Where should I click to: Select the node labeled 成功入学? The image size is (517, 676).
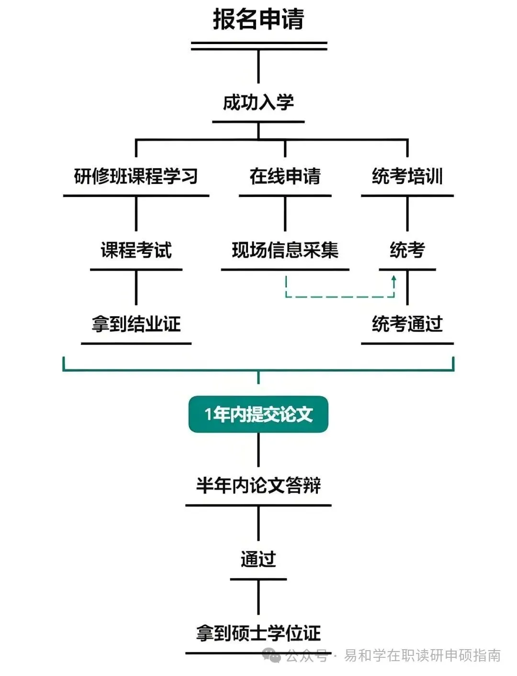click(258, 103)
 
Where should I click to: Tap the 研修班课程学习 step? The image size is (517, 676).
click(136, 176)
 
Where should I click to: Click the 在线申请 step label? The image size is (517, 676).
click(285, 176)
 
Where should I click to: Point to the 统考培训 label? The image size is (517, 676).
click(407, 176)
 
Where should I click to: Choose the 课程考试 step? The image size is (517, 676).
click(136, 250)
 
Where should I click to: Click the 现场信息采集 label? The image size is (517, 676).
click(285, 250)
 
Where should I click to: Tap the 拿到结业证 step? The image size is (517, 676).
click(136, 324)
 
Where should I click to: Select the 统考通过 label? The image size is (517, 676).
click(407, 324)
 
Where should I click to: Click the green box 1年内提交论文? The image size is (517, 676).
click(258, 414)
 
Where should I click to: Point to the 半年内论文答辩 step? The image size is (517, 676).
click(258, 485)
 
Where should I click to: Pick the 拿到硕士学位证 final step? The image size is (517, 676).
click(258, 633)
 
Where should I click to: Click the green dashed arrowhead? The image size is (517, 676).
click(394, 278)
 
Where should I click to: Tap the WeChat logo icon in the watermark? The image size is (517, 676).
click(273, 655)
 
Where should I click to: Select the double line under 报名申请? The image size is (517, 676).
click(258, 46)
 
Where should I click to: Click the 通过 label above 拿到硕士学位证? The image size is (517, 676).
click(258, 559)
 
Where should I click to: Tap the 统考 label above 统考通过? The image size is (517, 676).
click(407, 250)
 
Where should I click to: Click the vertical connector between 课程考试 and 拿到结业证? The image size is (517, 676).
click(136, 287)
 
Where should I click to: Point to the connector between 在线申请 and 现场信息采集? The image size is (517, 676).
click(285, 214)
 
